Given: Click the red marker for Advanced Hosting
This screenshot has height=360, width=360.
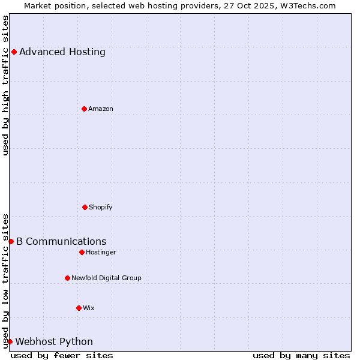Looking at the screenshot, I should pyautogui.click(x=14, y=52).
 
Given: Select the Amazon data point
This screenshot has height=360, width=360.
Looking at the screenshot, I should pyautogui.click(x=84, y=109).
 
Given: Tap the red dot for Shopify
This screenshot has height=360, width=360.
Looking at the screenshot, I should pyautogui.click(x=85, y=207).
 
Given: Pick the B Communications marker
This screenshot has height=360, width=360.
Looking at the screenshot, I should pyautogui.click(x=11, y=241).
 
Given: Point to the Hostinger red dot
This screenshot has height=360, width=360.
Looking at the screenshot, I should pyautogui.click(x=82, y=252).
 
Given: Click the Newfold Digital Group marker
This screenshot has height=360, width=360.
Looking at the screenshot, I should pyautogui.click(x=67, y=278).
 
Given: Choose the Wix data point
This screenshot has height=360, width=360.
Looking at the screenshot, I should pyautogui.click(x=79, y=308).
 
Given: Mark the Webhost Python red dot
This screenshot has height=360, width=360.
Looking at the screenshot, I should pyautogui.click(x=10, y=341).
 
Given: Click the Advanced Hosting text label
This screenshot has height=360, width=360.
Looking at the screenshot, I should pyautogui.click(x=62, y=52).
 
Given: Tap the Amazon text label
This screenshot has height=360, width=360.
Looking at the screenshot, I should pyautogui.click(x=101, y=109).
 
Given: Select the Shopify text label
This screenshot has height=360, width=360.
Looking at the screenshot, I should pyautogui.click(x=101, y=207).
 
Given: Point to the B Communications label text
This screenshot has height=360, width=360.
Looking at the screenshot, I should pyautogui.click(x=61, y=241).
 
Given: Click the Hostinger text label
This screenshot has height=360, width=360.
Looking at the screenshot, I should pyautogui.click(x=101, y=252).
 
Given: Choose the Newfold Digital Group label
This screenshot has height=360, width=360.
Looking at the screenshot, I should pyautogui.click(x=106, y=278).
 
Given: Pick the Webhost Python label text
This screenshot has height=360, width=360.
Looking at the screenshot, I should pyautogui.click(x=54, y=341).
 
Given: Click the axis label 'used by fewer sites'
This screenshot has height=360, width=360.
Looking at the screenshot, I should pyautogui.click(x=62, y=355).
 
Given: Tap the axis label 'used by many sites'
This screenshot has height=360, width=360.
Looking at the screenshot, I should pyautogui.click(x=301, y=355).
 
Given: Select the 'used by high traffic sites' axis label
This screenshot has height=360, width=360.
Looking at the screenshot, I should pyautogui.click(x=5, y=85).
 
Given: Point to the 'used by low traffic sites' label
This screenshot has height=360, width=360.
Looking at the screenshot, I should pyautogui.click(x=5, y=280).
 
